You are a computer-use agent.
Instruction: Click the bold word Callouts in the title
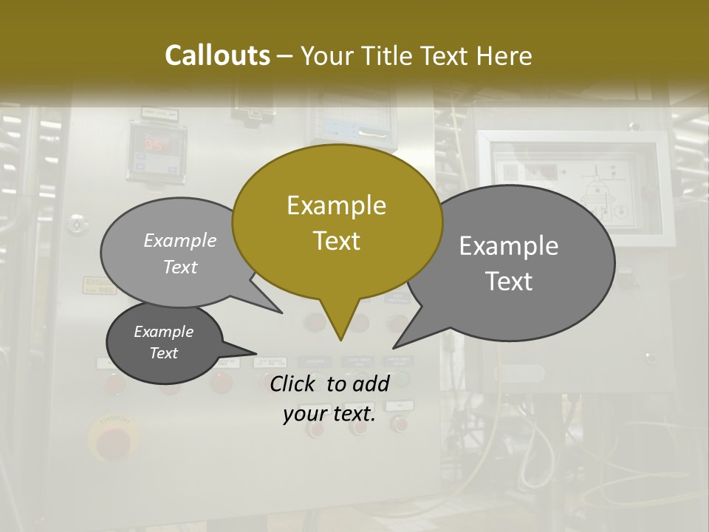[x=217, y=55]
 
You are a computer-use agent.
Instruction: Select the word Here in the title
[x=504, y=55]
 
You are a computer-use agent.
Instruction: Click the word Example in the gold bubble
[x=336, y=205]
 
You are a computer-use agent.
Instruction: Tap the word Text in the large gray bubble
[x=509, y=282]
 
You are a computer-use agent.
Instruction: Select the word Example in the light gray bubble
[x=180, y=240]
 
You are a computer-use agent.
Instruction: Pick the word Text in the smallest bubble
[x=163, y=353]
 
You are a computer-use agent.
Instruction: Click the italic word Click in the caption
[x=293, y=383]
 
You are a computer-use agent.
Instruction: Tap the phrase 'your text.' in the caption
[x=329, y=414]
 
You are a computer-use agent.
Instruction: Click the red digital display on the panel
[x=156, y=145]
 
